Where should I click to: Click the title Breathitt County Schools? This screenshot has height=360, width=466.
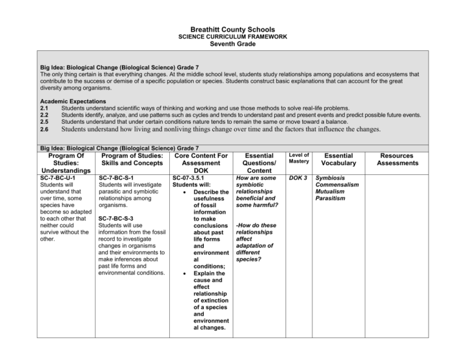pos(232,29)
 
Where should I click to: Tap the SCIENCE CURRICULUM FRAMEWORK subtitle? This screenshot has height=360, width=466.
pos(233,37)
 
